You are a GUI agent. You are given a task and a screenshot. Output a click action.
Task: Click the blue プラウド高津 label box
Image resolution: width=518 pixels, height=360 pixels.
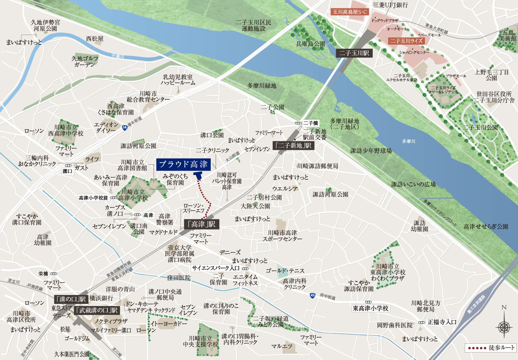[183, 164]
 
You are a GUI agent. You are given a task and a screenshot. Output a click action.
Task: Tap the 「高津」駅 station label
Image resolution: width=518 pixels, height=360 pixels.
[201, 224]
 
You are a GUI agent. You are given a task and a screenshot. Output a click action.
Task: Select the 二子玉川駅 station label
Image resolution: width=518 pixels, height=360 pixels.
[354, 53]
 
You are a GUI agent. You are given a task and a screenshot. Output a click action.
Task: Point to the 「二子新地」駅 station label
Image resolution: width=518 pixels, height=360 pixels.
[293, 145]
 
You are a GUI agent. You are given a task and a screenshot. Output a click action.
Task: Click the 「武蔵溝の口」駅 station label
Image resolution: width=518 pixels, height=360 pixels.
[97, 310]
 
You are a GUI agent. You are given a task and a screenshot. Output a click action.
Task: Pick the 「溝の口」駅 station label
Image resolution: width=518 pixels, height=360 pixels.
[72, 299]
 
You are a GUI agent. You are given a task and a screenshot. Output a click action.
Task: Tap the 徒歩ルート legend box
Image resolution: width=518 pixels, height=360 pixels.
[491, 348]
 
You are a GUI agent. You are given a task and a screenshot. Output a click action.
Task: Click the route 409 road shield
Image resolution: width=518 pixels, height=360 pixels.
[312, 295]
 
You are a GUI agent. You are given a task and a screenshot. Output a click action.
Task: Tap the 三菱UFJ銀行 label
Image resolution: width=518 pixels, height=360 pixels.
[390, 5]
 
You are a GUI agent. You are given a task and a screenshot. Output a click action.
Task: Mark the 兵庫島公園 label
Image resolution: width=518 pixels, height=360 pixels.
[310, 44]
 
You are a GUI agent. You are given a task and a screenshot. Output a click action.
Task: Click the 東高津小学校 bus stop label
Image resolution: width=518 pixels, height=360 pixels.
[371, 308]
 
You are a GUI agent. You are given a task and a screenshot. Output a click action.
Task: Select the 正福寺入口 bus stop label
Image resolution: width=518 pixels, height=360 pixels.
[442, 322]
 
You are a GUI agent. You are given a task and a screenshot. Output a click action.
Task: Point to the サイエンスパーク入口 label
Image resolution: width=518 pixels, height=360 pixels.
[216, 268]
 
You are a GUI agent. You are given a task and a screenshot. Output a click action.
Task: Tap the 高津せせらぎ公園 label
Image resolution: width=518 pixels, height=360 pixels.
[485, 227]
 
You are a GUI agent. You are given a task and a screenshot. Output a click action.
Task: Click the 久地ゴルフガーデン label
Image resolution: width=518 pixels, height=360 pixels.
[85, 62]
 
